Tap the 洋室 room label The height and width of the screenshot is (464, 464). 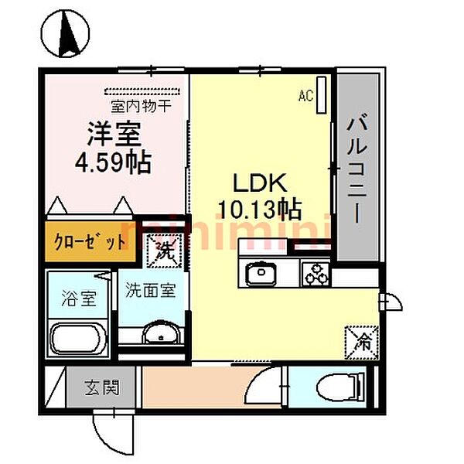click(x=112, y=133)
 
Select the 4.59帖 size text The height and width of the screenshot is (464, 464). click(x=114, y=163)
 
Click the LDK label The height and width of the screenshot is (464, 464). click(x=261, y=183)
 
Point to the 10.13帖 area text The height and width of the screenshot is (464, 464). click(x=261, y=209)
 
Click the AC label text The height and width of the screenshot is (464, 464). click(x=305, y=96)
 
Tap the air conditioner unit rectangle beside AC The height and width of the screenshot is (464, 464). click(x=322, y=90)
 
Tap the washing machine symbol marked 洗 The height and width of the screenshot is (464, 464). click(x=165, y=249)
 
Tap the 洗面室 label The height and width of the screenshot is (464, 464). click(x=151, y=292)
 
